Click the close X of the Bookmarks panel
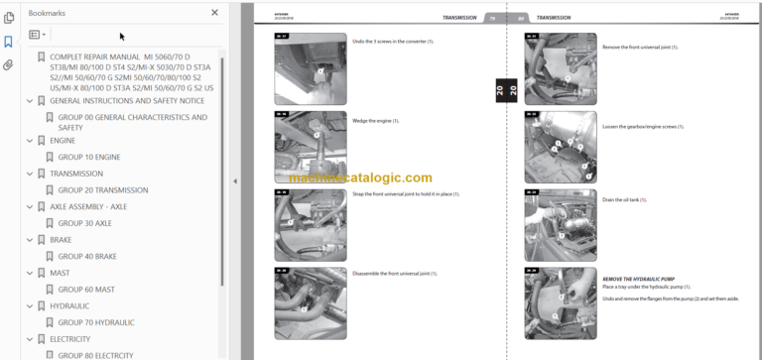214,13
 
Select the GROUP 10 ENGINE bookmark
88,157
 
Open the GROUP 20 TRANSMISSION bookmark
102,189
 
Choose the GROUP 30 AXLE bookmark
84,223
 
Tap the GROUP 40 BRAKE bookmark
87,256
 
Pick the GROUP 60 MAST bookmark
86,290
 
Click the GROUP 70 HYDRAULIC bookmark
96,322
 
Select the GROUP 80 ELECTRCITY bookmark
95,354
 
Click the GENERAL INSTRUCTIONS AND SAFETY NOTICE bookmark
127,101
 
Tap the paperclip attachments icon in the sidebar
9,65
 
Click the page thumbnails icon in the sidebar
9,18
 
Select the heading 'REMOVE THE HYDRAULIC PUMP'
638,279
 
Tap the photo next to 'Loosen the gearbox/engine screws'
559,146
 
